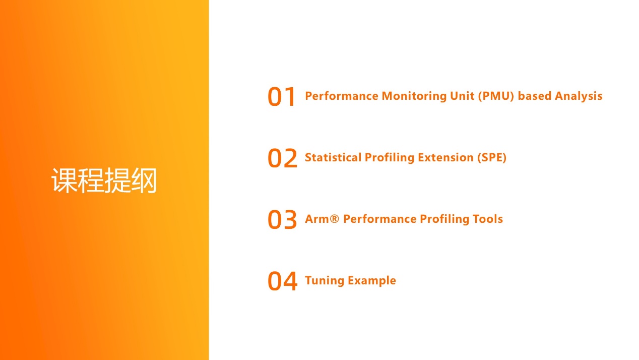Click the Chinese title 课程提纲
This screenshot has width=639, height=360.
tap(104, 181)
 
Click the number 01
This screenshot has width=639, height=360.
tap(281, 97)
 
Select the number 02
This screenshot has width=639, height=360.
tap(282, 158)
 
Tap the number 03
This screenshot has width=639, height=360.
tap(282, 219)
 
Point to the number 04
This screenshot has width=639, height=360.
tap(282, 281)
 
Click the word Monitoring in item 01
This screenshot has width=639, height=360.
tap(414, 96)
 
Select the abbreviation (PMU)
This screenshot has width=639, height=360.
tap(496, 96)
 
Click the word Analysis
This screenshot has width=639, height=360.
tap(579, 96)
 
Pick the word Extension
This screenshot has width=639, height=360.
tap(445, 157)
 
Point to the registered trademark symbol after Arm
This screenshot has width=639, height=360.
tap(334, 219)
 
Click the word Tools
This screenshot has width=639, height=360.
tap(487, 219)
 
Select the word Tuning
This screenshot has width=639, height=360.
tap(325, 281)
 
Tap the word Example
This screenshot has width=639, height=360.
tap(372, 281)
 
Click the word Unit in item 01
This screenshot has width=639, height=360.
tap(462, 96)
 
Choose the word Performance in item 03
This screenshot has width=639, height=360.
tap(379, 219)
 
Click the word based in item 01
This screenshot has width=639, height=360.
tap(534, 96)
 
